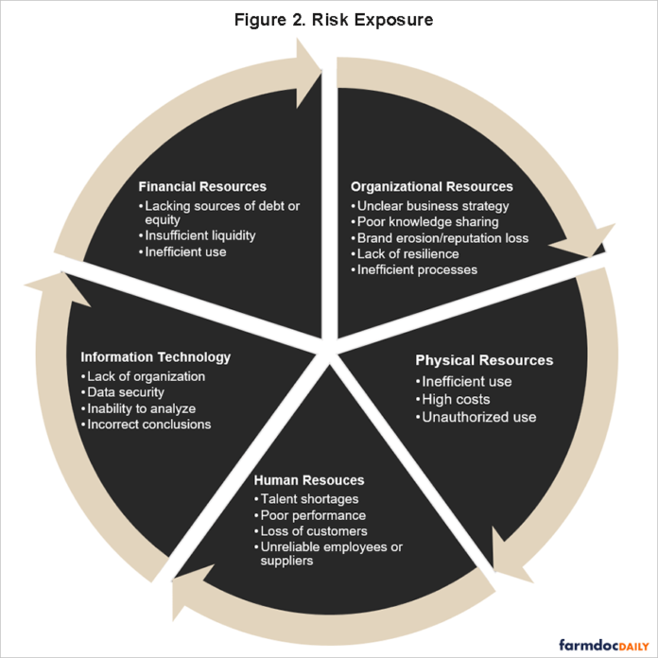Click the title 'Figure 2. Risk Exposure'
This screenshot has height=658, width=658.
[329, 20]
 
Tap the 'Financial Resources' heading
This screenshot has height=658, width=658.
[202, 186]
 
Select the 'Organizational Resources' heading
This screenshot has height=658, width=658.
[432, 186]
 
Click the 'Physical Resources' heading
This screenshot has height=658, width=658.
[484, 360]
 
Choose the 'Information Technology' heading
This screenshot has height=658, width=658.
[155, 357]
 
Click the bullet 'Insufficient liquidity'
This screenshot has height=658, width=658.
[200, 235]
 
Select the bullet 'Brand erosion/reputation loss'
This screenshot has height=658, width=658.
[442, 238]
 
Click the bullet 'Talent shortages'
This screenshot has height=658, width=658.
[308, 499]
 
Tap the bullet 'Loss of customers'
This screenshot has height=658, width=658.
[313, 531]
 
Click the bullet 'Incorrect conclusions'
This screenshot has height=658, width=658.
[148, 424]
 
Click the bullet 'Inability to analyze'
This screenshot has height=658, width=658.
[141, 408]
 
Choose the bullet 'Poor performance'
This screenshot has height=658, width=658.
[313, 515]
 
